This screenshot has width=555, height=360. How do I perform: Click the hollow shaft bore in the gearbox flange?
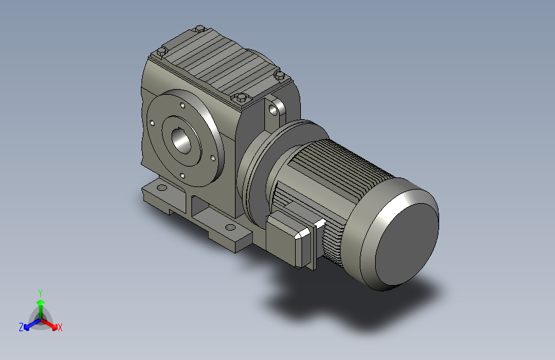(x=181, y=141)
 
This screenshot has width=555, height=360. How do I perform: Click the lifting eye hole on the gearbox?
(x=273, y=110)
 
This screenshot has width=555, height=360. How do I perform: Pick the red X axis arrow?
(x=49, y=323)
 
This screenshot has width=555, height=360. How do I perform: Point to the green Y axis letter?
(x=40, y=293)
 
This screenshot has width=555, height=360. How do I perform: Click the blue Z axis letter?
(x=21, y=327)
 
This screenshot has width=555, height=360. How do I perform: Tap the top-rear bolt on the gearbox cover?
(x=200, y=29)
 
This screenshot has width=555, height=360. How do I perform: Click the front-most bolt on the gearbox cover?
(x=241, y=97)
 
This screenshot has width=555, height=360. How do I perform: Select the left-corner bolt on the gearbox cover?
(x=161, y=52)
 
